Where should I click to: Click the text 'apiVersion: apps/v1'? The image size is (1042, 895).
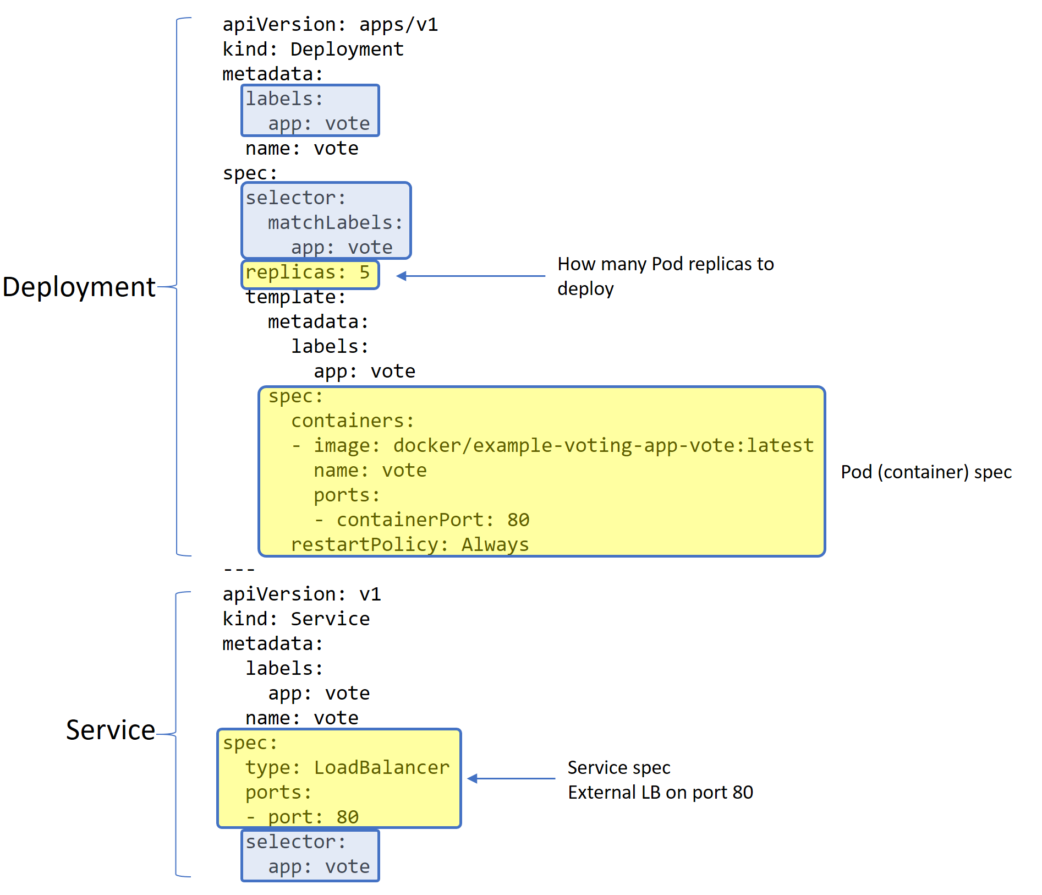click(x=330, y=25)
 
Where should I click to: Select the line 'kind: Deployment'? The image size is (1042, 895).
click(x=313, y=50)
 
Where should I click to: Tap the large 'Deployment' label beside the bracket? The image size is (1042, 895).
click(x=79, y=287)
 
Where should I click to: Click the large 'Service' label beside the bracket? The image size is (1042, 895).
click(x=111, y=730)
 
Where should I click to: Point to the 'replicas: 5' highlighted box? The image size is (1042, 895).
click(x=310, y=274)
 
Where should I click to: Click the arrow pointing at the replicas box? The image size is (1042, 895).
click(x=470, y=276)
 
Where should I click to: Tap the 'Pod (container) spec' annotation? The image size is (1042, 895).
click(x=926, y=472)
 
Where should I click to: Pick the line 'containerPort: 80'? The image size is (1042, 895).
click(x=432, y=520)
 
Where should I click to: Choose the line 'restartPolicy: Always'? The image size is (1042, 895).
click(x=409, y=544)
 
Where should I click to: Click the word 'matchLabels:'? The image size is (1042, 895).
click(x=335, y=222)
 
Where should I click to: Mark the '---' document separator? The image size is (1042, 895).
click(x=239, y=570)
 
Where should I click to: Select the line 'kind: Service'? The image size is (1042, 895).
click(x=296, y=619)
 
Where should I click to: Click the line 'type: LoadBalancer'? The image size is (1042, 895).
click(x=347, y=767)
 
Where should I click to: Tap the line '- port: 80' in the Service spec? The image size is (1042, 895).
click(x=302, y=817)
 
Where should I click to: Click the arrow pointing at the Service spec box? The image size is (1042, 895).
click(x=511, y=778)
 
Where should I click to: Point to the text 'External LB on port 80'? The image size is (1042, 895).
click(x=660, y=793)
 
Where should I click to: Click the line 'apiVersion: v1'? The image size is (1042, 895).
click(x=301, y=594)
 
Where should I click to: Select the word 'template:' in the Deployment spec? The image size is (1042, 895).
click(x=295, y=297)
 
